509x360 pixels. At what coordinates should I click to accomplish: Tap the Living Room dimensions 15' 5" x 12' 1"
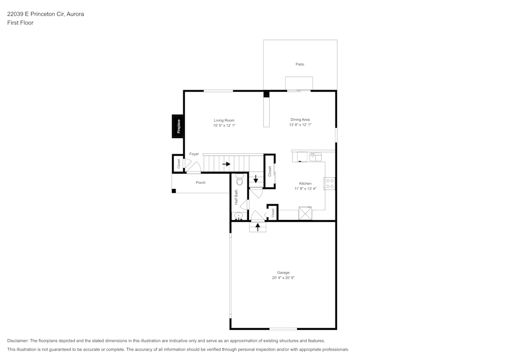tap(224, 125)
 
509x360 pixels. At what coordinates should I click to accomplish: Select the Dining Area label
tap(300, 120)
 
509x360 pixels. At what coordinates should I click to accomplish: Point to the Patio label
tap(300, 64)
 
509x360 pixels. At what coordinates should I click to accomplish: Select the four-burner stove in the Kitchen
tap(330, 183)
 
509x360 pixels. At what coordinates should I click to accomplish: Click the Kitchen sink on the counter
tap(316, 156)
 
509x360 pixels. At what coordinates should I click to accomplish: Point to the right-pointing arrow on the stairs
tap(226, 164)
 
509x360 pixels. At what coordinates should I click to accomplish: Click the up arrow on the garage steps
tap(258, 227)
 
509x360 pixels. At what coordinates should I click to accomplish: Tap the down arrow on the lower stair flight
tap(256, 179)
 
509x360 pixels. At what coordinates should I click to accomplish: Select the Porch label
tap(201, 182)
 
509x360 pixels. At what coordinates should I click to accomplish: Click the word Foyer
tap(194, 154)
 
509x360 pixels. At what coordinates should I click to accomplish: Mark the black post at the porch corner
tap(174, 191)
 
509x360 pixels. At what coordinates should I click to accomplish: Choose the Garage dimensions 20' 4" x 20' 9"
tap(284, 278)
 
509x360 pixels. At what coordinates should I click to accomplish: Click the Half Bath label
tap(236, 197)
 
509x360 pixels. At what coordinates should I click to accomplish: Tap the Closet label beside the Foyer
tap(179, 163)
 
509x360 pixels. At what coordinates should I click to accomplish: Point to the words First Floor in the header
tap(20, 23)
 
